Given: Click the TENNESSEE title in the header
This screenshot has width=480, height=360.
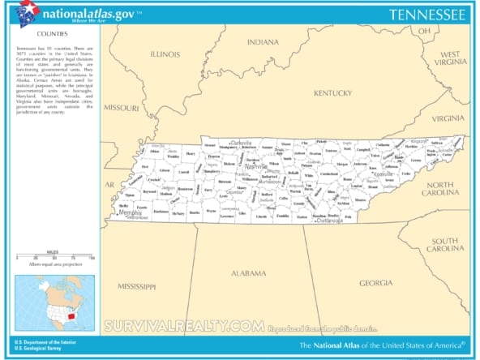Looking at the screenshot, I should pos(426,14).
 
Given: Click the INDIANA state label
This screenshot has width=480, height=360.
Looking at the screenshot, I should pos(263,41).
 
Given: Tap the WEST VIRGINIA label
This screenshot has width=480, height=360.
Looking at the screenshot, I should pos(450,56).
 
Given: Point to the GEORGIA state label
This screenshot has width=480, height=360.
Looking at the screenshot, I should pos(375,282).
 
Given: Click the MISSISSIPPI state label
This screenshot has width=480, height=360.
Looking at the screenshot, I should pos(135,286).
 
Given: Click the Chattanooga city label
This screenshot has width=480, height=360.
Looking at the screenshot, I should pos(329,220).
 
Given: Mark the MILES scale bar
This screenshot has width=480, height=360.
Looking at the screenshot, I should pos(54,257).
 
